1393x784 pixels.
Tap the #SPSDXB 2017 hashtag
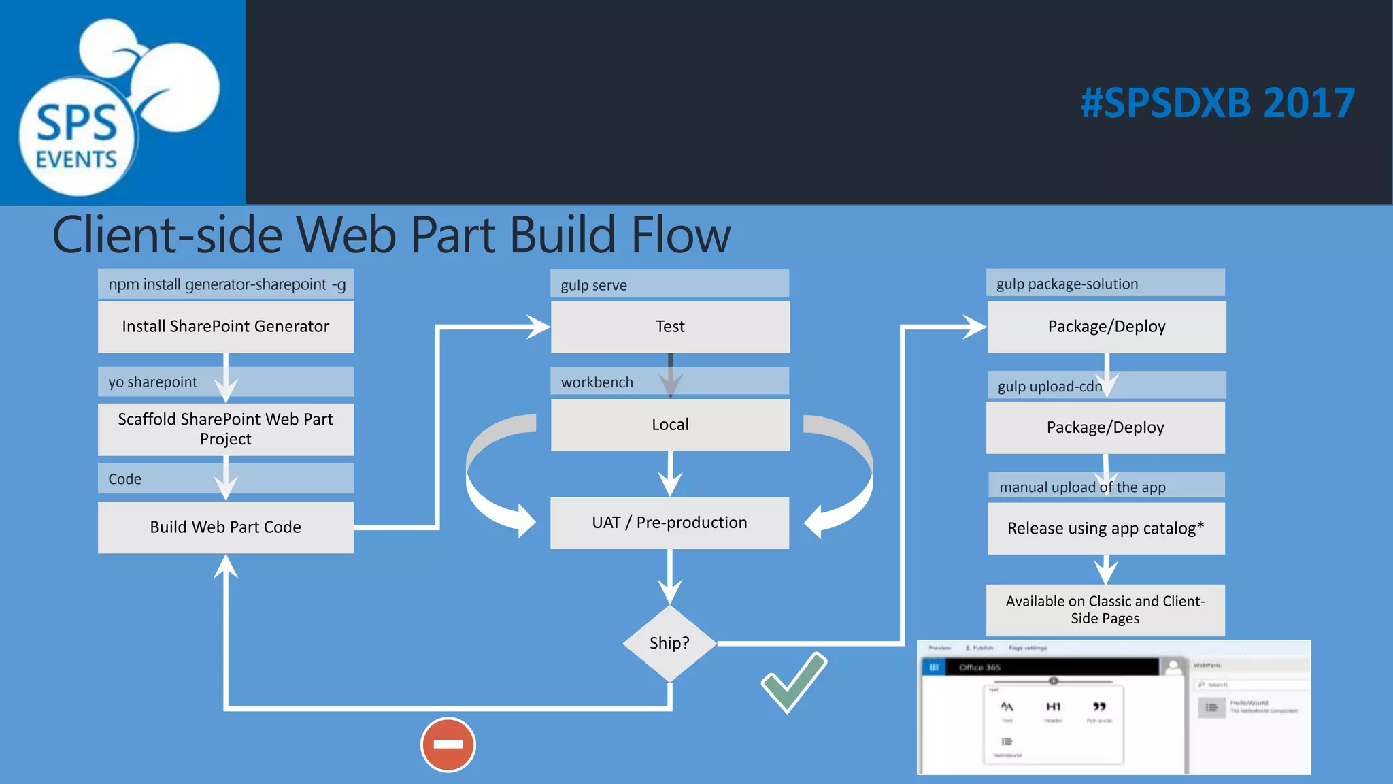pos(1218,103)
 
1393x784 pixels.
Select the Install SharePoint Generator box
pos(225,327)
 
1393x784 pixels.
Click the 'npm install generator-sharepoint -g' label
pos(226,284)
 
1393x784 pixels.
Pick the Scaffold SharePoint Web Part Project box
pos(225,429)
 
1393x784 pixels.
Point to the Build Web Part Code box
pos(225,527)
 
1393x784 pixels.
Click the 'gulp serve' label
pos(594,285)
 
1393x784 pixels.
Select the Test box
pos(670,327)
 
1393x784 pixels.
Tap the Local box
pos(670,425)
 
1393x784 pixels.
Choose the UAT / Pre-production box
pos(669,523)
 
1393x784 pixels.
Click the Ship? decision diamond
pos(669,643)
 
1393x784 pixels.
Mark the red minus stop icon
pos(448,745)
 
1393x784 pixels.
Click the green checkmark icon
pos(794,683)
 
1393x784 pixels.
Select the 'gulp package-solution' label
pos(1067,284)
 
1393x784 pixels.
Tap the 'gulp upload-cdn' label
pos(1049,387)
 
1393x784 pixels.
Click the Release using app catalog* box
pos(1105,528)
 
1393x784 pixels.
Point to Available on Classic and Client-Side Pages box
pos(1105,610)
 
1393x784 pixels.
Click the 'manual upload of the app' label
pos(1081,487)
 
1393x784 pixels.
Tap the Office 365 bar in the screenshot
pos(1041,667)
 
